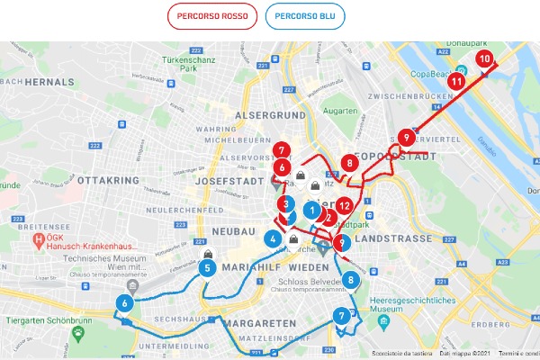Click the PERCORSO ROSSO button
click(x=212, y=16)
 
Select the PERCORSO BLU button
click(x=305, y=16)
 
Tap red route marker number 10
click(x=484, y=59)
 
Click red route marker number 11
click(x=456, y=81)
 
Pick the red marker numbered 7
click(x=283, y=150)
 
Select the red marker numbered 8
click(x=349, y=164)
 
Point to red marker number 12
click(x=344, y=205)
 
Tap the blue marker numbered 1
click(x=311, y=211)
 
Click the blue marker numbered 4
click(x=272, y=239)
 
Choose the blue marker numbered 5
click(x=207, y=267)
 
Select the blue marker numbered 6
click(x=124, y=304)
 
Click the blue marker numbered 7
click(x=340, y=316)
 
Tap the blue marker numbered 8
click(x=350, y=280)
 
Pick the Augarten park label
click(x=340, y=111)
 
